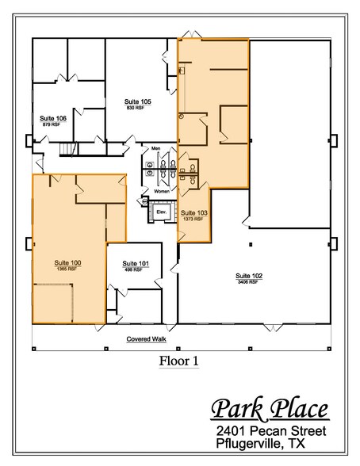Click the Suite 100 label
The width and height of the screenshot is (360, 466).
67,262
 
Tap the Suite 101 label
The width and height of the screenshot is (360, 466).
133,264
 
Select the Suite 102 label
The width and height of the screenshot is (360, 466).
248,276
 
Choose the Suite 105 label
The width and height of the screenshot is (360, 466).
138,102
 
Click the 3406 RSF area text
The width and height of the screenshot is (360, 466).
248,282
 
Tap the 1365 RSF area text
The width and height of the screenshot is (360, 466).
67,268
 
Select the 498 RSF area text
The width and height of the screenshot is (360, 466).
133,270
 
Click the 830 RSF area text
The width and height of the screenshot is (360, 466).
138,109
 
